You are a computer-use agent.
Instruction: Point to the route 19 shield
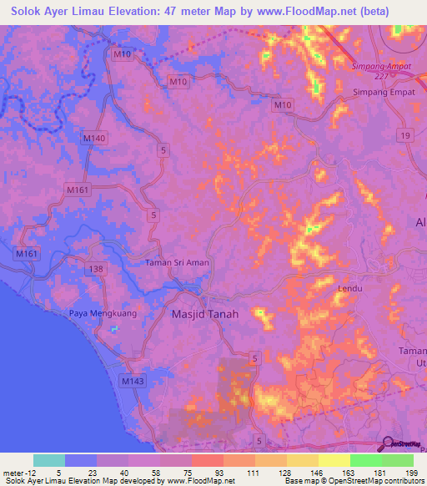[404, 134]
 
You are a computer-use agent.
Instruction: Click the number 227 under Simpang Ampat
[382, 76]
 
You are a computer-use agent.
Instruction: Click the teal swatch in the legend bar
[49, 460]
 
